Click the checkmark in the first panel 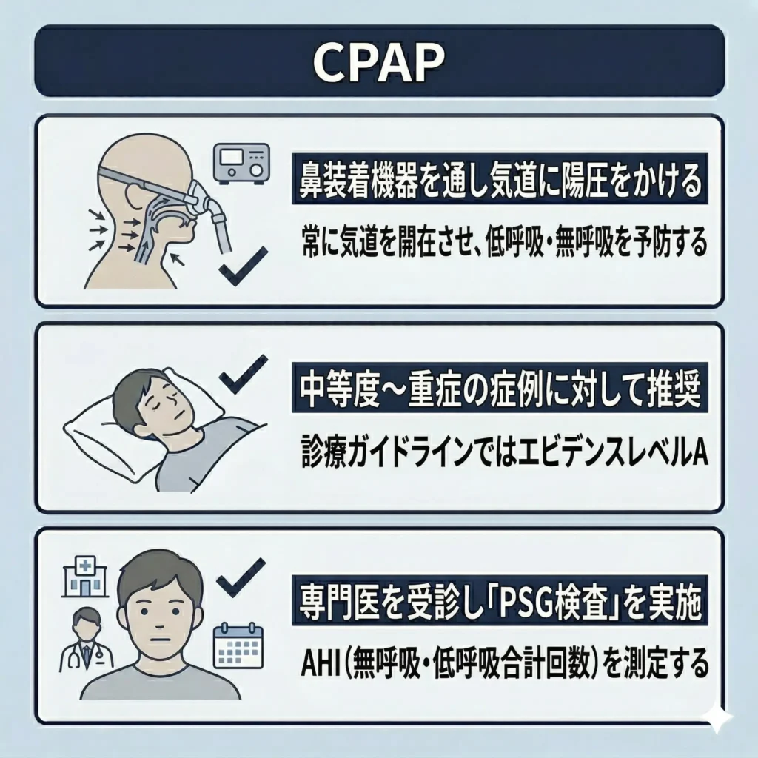244,266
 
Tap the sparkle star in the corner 718,717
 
